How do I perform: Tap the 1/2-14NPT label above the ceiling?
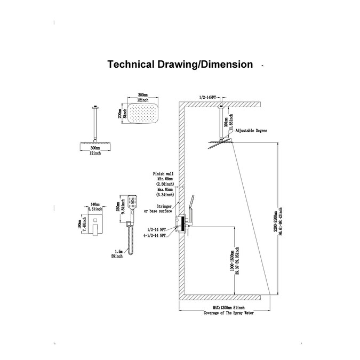[207, 97]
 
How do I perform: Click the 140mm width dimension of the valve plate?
[94, 205]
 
